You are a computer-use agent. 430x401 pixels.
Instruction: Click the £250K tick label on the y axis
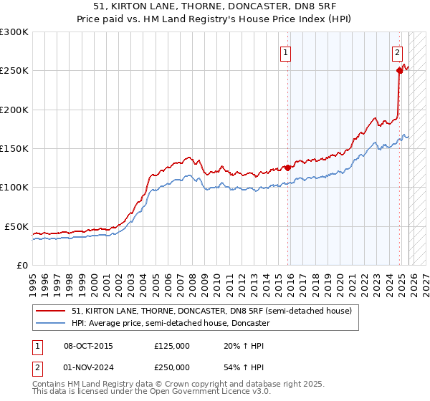pos(14,71)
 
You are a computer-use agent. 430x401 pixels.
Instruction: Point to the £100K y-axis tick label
pos(14,187)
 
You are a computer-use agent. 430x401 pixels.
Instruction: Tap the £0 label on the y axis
pos(21,265)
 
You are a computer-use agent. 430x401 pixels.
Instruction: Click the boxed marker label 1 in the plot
pos(286,52)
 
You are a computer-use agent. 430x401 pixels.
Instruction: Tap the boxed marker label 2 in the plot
pos(396,52)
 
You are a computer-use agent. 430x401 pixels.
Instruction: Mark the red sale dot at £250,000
pos(399,70)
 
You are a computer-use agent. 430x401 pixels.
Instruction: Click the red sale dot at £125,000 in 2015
pos(288,168)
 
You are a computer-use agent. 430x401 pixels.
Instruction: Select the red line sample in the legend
pos(52,311)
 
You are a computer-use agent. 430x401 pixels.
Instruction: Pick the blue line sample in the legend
pos(52,323)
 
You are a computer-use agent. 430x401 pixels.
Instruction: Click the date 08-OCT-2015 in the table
pos(88,346)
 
